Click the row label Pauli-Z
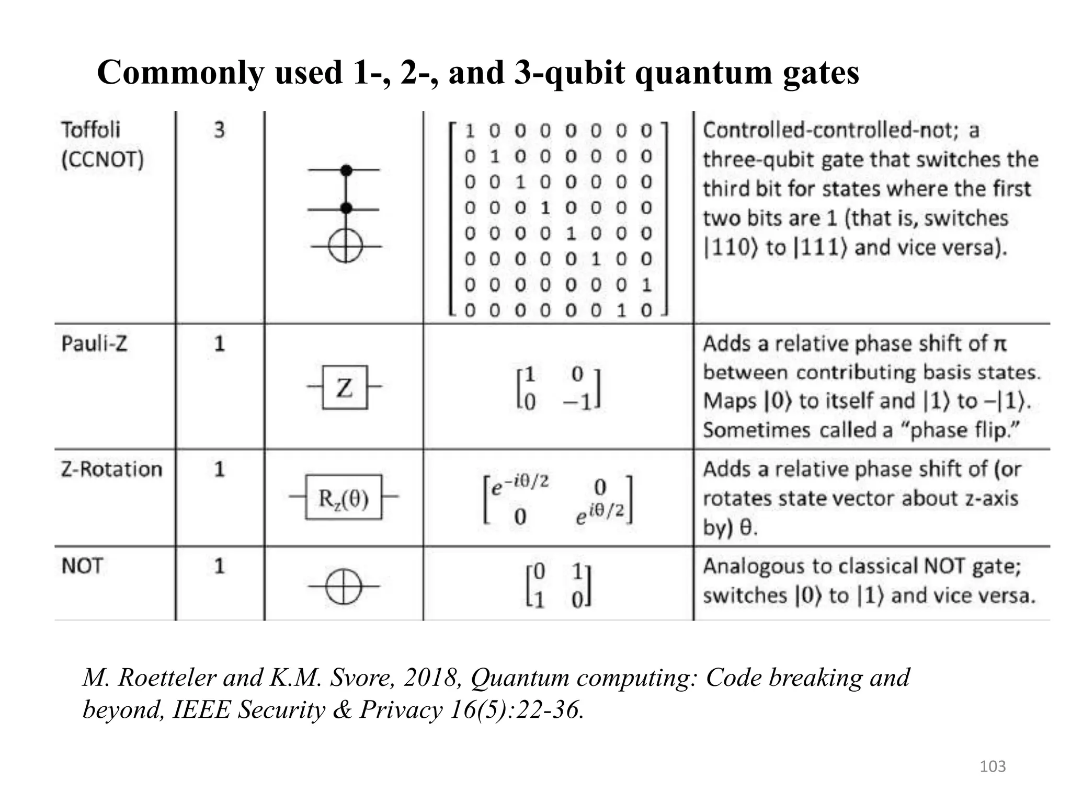coord(94,344)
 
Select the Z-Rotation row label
coord(111,469)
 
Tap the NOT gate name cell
coord(82,566)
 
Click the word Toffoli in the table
coord(91,130)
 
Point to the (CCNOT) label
coord(102,159)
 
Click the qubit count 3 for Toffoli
coord(220,130)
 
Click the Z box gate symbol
coord(345,387)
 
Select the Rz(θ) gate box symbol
coord(344,497)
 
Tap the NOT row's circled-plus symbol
coord(344,587)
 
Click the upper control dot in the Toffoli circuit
coord(346,170)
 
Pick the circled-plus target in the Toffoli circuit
coord(345,246)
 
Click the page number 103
coord(993,766)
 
